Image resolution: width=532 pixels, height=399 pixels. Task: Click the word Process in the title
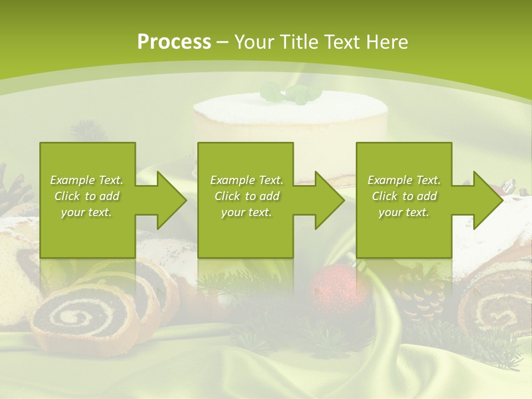pyautogui.click(x=174, y=42)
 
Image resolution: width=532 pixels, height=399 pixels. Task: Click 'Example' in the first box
pyautogui.click(x=72, y=180)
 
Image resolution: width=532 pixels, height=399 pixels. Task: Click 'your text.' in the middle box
pyautogui.click(x=246, y=212)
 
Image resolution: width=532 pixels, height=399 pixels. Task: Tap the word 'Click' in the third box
pyautogui.click(x=385, y=196)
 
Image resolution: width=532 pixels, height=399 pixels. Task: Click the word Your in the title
pyautogui.click(x=256, y=42)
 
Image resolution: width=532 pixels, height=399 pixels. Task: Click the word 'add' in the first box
pyautogui.click(x=109, y=196)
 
